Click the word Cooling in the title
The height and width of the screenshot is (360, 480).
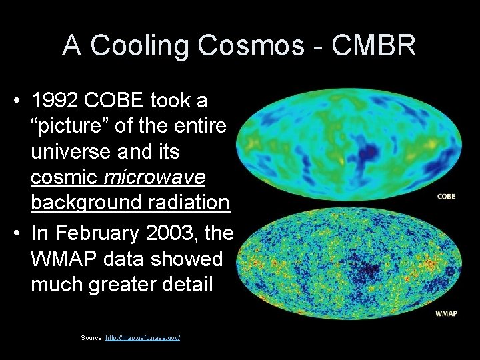point(139,45)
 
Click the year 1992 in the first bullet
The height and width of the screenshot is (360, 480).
point(57,101)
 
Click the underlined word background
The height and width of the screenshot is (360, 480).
point(83,201)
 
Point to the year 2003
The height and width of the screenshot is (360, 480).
point(178,233)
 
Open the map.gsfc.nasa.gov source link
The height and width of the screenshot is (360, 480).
point(143,338)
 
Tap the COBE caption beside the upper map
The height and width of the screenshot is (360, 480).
point(446,196)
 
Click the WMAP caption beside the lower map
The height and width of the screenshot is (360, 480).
point(446,313)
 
